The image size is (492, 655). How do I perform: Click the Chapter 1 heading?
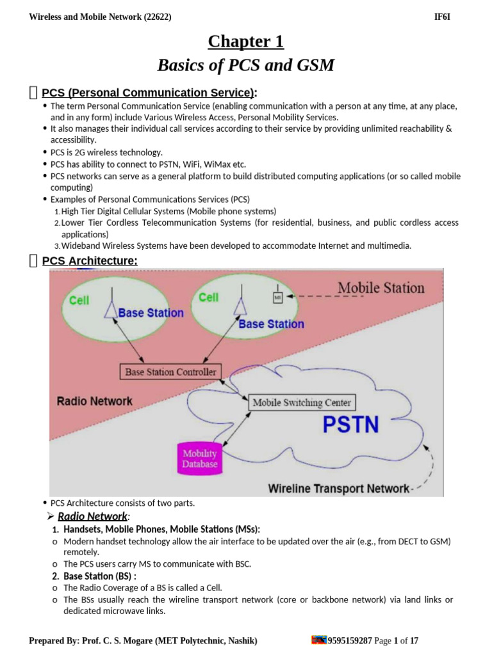point(245,42)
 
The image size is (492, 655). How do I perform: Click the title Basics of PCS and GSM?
point(245,65)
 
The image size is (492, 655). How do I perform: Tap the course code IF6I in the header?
point(442,17)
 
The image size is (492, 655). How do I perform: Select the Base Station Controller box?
point(170,372)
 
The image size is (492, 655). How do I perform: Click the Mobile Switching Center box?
point(302,402)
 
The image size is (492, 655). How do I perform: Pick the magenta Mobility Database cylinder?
point(200,459)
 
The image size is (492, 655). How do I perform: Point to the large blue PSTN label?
point(350,424)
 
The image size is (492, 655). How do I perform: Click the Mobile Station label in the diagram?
point(381,287)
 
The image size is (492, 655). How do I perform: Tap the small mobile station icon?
point(278,297)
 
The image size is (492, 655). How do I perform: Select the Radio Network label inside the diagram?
point(95,401)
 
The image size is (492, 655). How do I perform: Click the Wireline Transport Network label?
point(338,489)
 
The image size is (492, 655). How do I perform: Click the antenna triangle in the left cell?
point(111,310)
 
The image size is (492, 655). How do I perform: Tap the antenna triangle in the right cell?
point(240,306)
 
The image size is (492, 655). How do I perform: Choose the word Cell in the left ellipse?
point(79,300)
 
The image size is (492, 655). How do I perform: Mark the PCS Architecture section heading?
point(89,260)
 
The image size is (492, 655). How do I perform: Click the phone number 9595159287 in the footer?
point(350,640)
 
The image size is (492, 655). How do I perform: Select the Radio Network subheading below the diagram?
point(92,516)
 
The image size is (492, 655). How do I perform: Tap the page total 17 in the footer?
point(414,640)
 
